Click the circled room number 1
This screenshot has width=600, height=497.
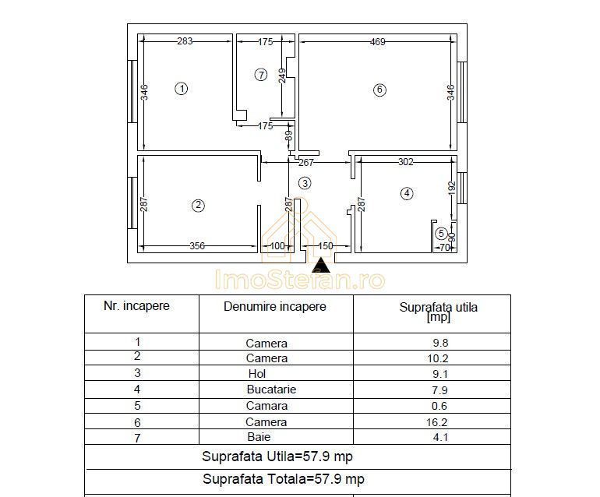pos(182,89)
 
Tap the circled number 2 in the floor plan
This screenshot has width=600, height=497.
pos(199,206)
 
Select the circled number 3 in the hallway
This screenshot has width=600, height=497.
pos(305,183)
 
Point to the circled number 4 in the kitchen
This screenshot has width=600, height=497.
pos(406,193)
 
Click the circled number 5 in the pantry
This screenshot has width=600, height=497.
pos(441,233)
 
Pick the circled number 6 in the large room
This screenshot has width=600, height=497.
pos(379,90)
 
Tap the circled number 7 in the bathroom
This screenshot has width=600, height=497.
pos(261,75)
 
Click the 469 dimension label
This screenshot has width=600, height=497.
pos(377,42)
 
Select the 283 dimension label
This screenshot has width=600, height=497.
pos(185,41)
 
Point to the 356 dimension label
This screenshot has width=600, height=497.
pos(197,246)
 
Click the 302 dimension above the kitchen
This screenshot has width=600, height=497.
pos(405,162)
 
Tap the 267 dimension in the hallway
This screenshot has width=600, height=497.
pos(306,163)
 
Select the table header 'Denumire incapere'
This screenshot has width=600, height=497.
pos(275,307)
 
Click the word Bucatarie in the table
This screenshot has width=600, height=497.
pos(271,389)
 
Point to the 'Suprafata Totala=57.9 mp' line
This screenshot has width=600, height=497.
pos(283,479)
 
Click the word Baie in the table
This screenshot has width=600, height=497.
pos(259,438)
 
